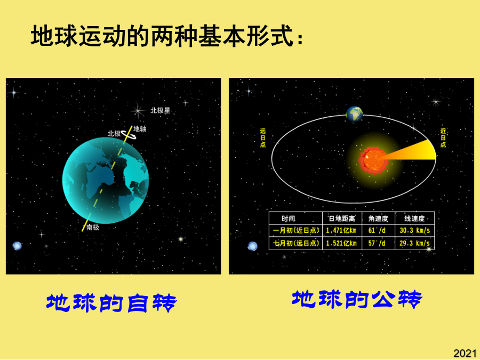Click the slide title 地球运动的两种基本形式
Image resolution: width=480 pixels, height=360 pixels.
tap(167, 36)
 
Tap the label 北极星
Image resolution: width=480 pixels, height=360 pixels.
tap(160, 110)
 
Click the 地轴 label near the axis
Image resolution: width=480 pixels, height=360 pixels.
tap(140, 129)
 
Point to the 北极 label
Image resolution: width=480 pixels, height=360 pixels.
tap(114, 133)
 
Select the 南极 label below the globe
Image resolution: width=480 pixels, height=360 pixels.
tap(92, 227)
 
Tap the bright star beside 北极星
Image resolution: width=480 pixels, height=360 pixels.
tap(138, 111)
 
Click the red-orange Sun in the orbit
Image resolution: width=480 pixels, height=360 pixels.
tap(374, 160)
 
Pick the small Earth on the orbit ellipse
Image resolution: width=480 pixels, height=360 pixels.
tap(355, 115)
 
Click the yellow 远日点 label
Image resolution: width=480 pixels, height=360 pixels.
tap(262, 138)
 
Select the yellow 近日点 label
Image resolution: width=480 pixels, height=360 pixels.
tap(443, 138)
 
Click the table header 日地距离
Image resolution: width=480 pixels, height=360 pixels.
tap(342, 218)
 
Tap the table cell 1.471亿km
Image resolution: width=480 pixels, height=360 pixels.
tap(341, 230)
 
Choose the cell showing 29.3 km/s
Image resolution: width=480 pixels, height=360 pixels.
tap(414, 243)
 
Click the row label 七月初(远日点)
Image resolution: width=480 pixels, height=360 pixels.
tap(296, 243)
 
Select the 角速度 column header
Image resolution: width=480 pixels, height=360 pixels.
tap(378, 218)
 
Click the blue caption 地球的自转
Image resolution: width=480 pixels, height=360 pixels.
tap(111, 303)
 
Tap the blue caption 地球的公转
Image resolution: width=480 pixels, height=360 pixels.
tap(357, 299)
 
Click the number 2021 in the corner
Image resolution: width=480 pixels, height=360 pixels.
tap(465, 353)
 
